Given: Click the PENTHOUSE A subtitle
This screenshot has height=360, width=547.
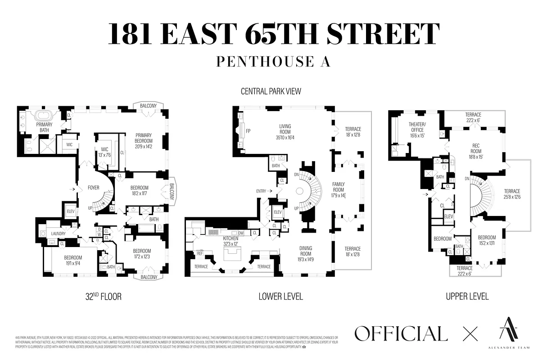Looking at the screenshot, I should coord(273,62).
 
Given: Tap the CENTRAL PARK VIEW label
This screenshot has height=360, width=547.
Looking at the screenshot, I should coord(271,91).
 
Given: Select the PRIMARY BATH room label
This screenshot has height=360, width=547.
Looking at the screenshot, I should coord(45,127).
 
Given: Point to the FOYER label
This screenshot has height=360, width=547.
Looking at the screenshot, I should coord(94,188).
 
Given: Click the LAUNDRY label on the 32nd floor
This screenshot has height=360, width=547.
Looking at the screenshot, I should coord(59,234).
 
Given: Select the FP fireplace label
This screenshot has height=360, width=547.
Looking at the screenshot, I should coord(248,131).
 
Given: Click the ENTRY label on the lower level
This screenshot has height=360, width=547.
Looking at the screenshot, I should coord(262,191).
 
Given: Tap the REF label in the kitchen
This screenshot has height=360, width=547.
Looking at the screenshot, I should coord(200,253).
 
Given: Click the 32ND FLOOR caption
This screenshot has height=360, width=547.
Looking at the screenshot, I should coord(104,297).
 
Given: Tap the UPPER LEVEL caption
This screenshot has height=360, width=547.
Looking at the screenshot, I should coord(467,297).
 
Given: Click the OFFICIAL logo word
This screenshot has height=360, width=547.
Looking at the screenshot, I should coord(401,334).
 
